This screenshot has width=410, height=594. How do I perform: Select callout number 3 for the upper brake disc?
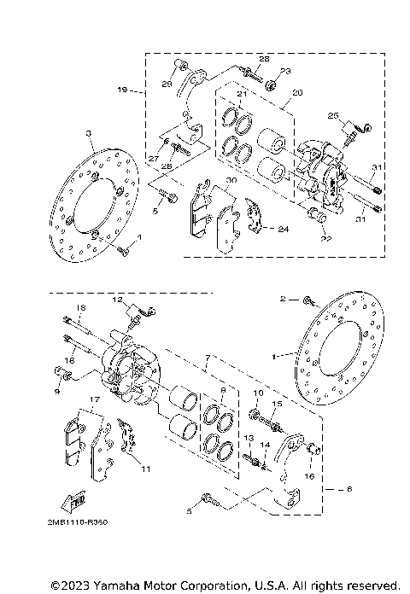(x=89, y=134)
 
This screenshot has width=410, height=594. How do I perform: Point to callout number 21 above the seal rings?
(x=242, y=93)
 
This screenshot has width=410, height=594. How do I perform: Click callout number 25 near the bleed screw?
(x=333, y=114)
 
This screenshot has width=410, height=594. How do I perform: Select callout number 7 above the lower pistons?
(x=206, y=360)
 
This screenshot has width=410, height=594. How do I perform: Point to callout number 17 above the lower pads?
(x=94, y=399)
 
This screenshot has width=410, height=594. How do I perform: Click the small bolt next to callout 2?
(x=308, y=301)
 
